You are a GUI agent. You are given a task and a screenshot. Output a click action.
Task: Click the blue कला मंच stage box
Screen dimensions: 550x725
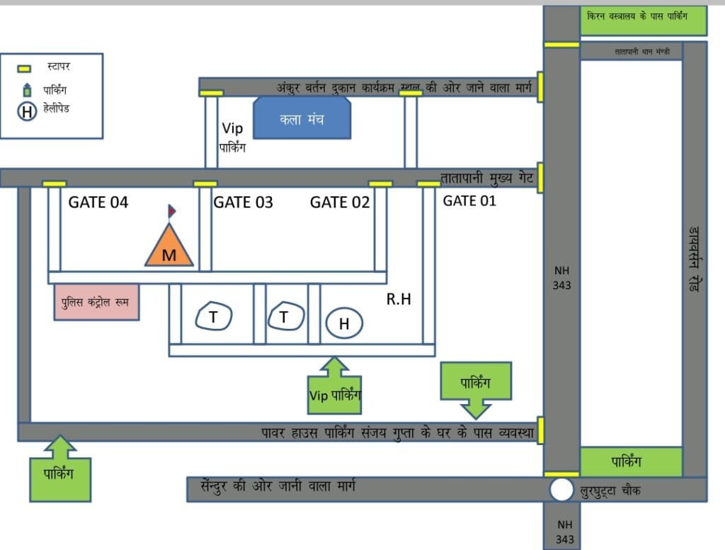[302, 119]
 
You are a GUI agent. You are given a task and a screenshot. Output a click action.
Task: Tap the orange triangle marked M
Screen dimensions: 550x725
[169, 248]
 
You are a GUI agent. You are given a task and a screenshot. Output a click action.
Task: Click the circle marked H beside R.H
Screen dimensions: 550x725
[344, 324]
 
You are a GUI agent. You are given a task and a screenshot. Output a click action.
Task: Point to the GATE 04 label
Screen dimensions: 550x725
[98, 203]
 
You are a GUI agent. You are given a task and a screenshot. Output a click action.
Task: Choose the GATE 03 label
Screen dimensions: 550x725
[243, 203]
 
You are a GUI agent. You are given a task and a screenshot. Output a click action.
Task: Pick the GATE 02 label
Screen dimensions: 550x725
[340, 203]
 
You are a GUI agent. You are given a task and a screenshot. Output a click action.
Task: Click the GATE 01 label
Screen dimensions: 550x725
[469, 201]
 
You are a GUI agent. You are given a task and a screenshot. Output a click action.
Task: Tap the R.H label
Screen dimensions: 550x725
[399, 300]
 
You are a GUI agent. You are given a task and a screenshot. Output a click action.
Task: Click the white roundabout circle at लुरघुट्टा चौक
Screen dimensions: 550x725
[561, 489]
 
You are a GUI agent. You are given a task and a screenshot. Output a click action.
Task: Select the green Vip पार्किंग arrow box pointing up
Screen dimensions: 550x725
[334, 387]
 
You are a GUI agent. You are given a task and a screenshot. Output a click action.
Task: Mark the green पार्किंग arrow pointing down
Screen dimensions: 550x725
[475, 388]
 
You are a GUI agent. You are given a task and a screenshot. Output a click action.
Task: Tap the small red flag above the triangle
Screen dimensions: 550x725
[171, 211]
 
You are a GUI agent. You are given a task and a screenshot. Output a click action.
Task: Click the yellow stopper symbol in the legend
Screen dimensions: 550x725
[24, 69]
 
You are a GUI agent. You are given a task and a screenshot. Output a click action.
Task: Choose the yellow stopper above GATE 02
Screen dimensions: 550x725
[380, 184]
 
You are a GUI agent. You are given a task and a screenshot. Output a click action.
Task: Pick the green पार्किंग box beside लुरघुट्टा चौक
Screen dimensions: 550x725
[631, 462]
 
